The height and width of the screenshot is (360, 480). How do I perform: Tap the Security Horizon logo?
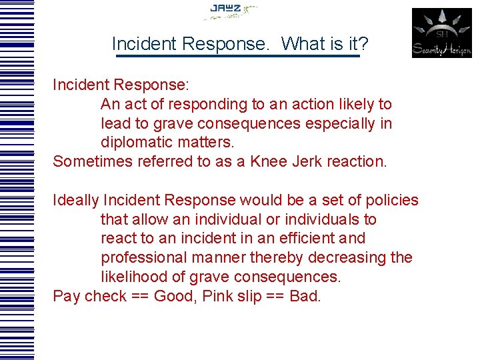click(441, 33)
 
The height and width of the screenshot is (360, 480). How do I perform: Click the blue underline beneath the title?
click(237, 56)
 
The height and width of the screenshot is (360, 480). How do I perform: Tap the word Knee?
click(269, 161)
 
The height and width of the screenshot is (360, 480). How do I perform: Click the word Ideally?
click(75, 200)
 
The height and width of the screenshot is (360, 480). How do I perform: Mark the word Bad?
click(305, 296)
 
